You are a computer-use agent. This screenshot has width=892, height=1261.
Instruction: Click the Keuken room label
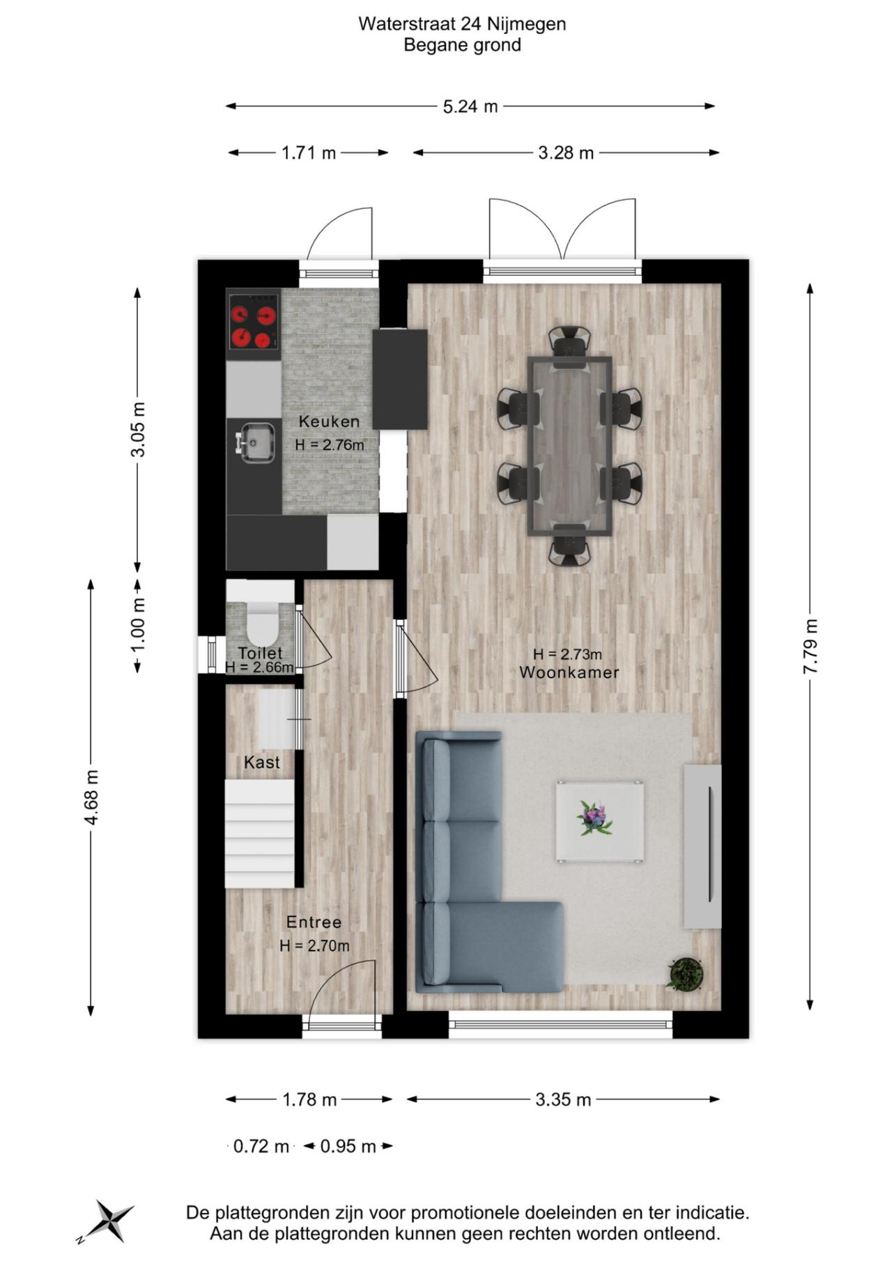(x=329, y=421)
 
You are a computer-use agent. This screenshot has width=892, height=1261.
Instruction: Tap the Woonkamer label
(x=569, y=672)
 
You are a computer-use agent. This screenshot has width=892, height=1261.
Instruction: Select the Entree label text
(x=314, y=922)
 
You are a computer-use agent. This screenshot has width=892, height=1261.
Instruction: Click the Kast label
(x=262, y=763)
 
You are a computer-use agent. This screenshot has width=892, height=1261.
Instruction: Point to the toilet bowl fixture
(x=263, y=624)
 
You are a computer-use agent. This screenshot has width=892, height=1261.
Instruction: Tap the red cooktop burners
(x=253, y=327)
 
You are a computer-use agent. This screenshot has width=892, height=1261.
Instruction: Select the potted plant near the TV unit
(x=685, y=973)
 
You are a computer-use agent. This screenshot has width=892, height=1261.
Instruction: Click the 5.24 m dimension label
(x=470, y=107)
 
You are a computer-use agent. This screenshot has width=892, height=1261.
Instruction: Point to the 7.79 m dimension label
(x=810, y=646)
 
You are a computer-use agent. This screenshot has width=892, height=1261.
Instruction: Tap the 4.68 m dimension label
(x=91, y=797)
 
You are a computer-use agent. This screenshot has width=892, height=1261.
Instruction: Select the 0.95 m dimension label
(x=348, y=1146)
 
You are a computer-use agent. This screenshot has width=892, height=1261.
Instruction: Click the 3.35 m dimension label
(x=563, y=1099)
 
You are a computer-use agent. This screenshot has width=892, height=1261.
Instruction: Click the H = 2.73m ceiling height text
(x=567, y=654)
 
